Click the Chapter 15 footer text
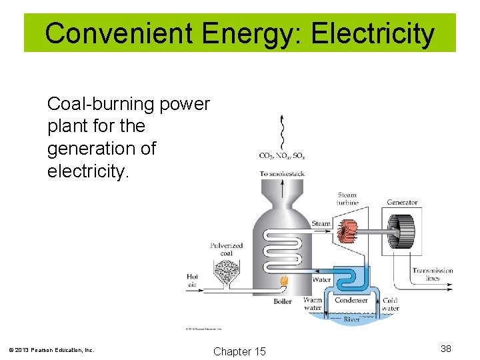point(239,351)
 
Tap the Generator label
point(402,203)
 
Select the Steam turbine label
point(347,199)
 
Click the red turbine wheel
point(346,231)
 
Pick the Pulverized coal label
point(226,249)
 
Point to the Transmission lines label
point(432,274)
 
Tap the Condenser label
point(351,301)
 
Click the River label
point(352,319)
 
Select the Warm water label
point(312,304)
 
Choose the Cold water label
point(391,304)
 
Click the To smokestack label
point(282,174)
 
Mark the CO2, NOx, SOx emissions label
point(282,157)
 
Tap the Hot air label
point(193,280)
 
